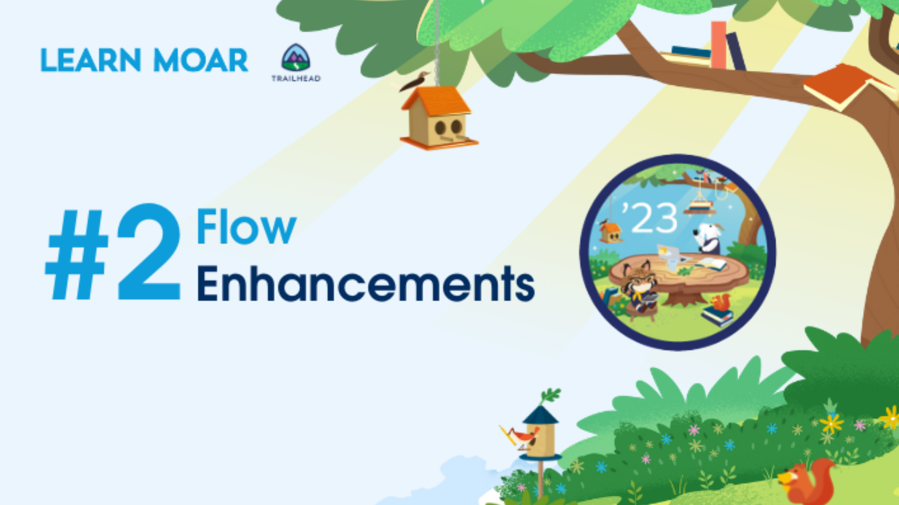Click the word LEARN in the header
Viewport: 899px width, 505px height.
pyautogui.click(x=91, y=60)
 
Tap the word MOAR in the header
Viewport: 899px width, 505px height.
pyautogui.click(x=200, y=60)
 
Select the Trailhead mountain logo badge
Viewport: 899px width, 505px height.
pyautogui.click(x=296, y=58)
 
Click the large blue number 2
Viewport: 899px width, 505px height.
pyautogui.click(x=149, y=252)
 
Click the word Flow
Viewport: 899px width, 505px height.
pyautogui.click(x=246, y=226)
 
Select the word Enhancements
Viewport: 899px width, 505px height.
pyautogui.click(x=366, y=283)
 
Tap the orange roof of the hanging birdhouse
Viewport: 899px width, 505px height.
pyautogui.click(x=436, y=101)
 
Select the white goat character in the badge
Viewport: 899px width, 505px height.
pyautogui.click(x=708, y=238)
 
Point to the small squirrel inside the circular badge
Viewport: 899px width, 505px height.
pyautogui.click(x=721, y=303)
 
